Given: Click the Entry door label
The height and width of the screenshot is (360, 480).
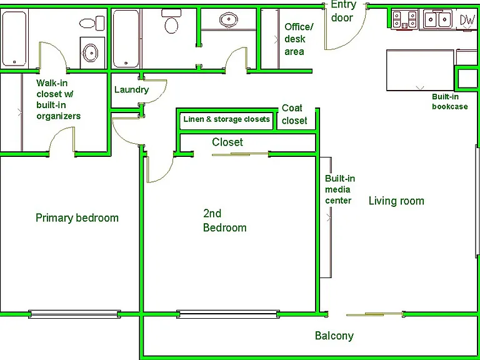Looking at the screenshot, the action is (x=344, y=11).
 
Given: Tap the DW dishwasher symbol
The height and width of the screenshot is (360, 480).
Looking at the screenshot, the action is (x=467, y=20).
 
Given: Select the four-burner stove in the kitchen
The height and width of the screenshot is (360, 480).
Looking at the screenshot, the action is (x=405, y=19).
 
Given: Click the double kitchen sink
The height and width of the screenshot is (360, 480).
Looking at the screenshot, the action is (x=437, y=19).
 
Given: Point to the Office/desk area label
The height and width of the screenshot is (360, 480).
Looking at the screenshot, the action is (x=299, y=39).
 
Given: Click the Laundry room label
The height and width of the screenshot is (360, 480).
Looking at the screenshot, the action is (x=132, y=90).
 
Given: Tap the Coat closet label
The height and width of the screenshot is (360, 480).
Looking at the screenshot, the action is (x=294, y=114).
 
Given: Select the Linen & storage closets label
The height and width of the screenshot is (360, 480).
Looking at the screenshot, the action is (x=226, y=119).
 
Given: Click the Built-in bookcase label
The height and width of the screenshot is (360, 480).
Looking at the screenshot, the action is (x=450, y=102).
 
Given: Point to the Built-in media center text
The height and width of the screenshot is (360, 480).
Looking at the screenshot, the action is (x=340, y=189).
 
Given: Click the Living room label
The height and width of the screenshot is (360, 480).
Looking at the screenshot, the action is (x=396, y=201).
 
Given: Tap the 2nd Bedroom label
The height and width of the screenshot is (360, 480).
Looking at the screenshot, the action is (x=225, y=221).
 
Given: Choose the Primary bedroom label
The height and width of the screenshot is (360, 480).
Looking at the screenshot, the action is (x=77, y=218).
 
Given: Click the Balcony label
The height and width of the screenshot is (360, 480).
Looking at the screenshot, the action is (x=334, y=336).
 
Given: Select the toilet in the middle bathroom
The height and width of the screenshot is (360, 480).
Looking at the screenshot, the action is (x=171, y=21).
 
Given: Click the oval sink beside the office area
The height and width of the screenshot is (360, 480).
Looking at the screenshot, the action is (x=229, y=19).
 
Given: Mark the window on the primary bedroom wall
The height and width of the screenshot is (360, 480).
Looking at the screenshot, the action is (x=73, y=314).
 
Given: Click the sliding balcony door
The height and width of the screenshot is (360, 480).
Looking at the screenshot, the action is (x=374, y=314).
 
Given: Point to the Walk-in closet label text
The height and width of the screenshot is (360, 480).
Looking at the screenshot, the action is (x=59, y=99).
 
